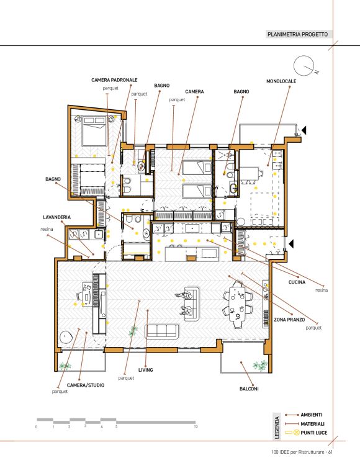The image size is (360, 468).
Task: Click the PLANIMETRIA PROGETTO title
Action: [297, 34]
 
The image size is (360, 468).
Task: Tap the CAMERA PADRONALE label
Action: [114, 80]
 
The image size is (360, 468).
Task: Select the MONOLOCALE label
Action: [281, 81]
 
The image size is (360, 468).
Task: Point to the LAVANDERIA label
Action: [56, 217]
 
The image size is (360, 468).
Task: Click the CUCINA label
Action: [297, 282]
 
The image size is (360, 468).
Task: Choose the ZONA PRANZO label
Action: [289, 320]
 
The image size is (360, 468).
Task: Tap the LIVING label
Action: [146, 370]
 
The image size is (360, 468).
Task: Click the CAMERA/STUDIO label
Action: [86, 385]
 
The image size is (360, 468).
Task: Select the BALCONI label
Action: [249, 389]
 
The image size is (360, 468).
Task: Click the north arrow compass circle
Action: [305, 66]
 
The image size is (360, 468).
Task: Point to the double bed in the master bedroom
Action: [94, 131]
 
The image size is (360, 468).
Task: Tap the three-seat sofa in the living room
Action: [162, 331]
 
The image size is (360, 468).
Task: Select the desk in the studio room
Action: [88, 294]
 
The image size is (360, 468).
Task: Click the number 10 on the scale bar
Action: [196, 426]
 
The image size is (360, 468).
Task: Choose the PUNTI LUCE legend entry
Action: [306, 433]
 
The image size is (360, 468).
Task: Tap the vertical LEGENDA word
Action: [277, 428]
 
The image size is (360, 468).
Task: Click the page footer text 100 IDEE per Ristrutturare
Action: [302, 452]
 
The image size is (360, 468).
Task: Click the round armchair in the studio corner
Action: [66, 337]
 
